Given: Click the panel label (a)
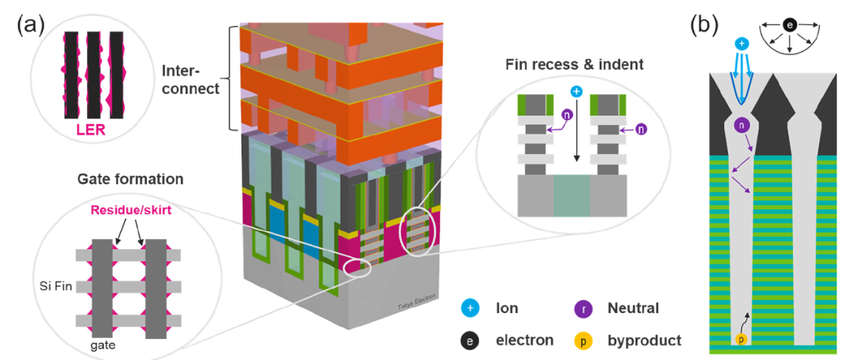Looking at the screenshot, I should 30,24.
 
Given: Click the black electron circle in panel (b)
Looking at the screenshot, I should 788,26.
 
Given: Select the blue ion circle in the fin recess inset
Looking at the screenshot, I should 576,92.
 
